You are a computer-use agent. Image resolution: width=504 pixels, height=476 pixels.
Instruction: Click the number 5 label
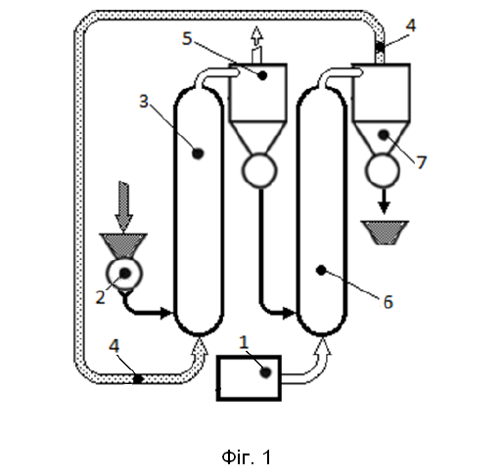tap(187, 38)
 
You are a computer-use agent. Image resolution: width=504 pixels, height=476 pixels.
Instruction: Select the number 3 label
tap(144, 101)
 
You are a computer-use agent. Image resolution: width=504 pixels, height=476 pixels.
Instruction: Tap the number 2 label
tap(100, 297)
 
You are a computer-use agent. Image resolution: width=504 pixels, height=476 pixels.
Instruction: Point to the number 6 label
tap(388, 302)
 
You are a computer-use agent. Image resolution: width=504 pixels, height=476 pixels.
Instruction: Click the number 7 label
tap(422, 162)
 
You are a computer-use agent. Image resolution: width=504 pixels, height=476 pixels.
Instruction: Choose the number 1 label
tap(244, 342)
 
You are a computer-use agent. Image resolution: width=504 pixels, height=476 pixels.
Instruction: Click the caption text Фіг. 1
tap(247, 456)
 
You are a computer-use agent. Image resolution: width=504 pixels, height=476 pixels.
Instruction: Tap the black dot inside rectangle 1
tap(265, 372)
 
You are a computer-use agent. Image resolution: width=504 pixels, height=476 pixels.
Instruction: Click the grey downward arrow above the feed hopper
tap(124, 206)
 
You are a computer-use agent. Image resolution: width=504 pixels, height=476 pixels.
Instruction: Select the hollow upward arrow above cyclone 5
tap(257, 45)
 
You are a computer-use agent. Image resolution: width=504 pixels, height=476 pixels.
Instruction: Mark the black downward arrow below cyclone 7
tap(384, 201)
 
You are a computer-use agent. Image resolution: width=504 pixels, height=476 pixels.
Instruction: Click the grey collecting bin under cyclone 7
tap(385, 233)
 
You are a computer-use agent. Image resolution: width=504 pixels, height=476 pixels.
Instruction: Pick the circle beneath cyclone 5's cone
tap(259, 170)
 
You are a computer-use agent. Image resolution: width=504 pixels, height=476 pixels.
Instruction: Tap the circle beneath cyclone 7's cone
tap(383, 171)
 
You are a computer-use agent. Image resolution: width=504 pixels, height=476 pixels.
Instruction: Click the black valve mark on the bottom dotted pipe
tap(137, 379)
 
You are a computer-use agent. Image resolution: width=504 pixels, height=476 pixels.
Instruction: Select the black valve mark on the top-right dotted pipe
tap(380, 48)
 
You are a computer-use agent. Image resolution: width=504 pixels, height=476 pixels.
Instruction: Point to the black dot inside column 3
tap(198, 153)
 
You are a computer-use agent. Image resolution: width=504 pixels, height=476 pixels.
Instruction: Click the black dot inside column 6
tap(321, 270)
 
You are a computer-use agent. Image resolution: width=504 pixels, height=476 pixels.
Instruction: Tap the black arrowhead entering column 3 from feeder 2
tap(167, 314)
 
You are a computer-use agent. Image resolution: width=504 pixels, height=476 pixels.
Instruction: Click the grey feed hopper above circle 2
tap(123, 245)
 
